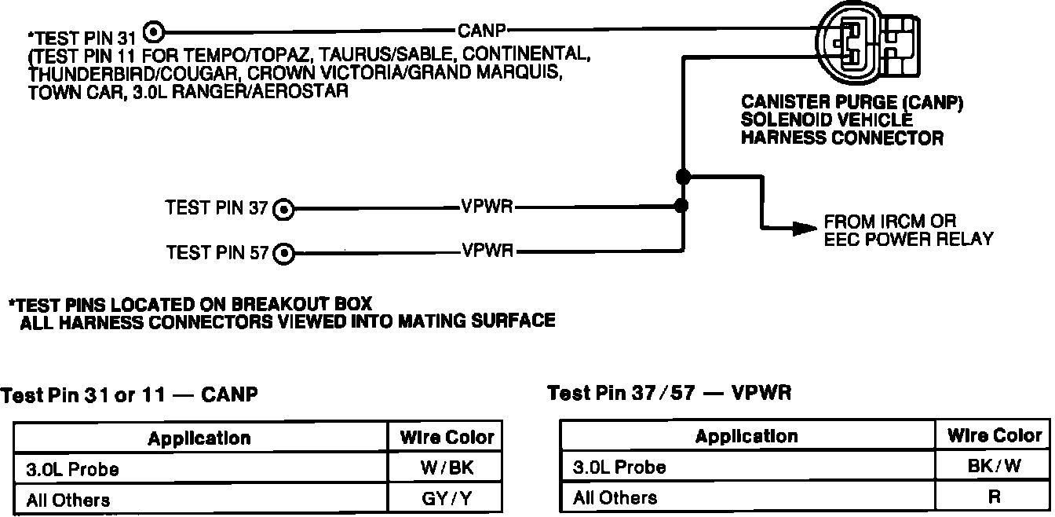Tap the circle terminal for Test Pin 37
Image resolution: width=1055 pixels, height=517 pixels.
click(283, 210)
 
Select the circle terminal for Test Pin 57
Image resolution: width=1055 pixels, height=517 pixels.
click(283, 253)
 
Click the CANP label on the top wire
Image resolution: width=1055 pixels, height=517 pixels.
click(481, 31)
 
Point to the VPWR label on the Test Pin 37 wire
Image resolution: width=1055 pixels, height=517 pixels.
click(487, 209)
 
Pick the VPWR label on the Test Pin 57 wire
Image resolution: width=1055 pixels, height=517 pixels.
click(487, 252)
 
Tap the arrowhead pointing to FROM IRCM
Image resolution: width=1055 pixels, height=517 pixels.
click(803, 228)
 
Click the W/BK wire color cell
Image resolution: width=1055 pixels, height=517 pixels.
click(445, 468)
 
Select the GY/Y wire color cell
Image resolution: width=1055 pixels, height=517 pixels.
click(445, 499)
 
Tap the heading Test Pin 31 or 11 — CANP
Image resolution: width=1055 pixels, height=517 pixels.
click(130, 395)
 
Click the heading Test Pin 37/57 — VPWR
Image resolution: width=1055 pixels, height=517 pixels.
click(669, 393)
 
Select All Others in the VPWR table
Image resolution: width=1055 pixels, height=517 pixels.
click(615, 497)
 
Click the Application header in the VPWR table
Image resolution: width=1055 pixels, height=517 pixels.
click(747, 436)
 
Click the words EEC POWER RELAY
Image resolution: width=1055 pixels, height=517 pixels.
click(908, 239)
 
